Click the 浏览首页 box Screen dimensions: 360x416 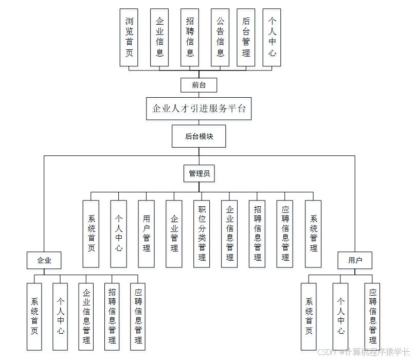click(129, 38)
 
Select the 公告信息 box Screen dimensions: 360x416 click(220, 38)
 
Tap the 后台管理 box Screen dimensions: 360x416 click(246, 38)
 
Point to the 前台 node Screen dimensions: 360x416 click(198, 85)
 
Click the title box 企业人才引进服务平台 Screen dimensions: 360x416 click(198, 109)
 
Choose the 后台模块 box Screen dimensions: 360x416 click(198, 136)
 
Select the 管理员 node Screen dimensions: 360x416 click(198, 174)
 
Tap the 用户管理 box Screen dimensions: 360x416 click(147, 233)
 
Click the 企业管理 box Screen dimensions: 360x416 click(174, 233)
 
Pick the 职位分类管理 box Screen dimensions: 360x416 click(202, 233)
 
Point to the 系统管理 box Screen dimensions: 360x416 click(313, 233)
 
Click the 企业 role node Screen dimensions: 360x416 click(44, 260)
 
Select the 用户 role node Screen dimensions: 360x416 click(355, 260)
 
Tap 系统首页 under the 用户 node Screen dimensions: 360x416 click(309, 316)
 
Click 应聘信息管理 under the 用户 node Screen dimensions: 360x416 click(373, 316)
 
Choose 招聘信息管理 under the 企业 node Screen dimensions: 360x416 click(112, 316)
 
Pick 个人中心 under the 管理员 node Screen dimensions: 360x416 click(119, 233)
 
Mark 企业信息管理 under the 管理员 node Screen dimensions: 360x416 click(230, 233)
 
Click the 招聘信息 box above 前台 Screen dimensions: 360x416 click(190, 38)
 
